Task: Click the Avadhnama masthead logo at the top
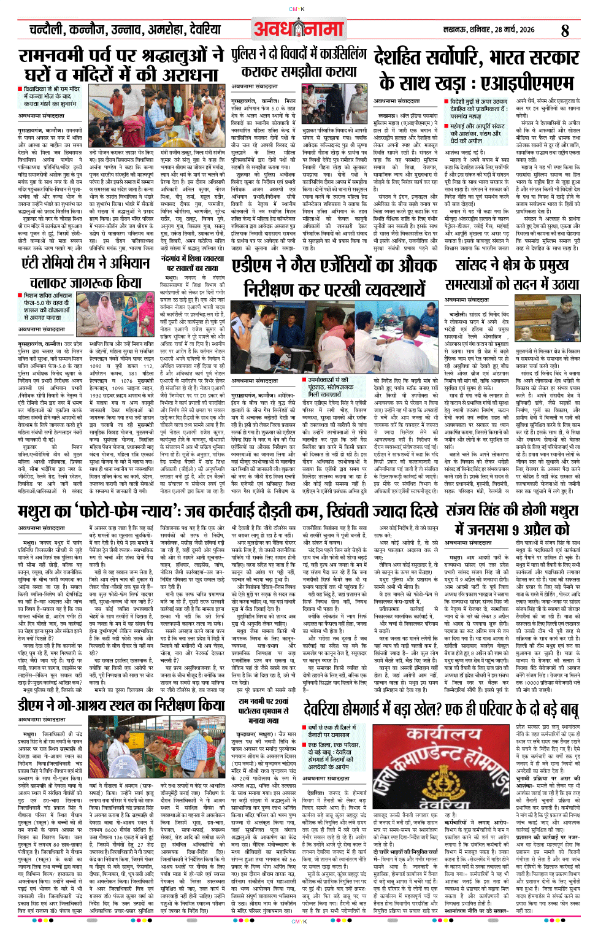(x=299, y=29)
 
